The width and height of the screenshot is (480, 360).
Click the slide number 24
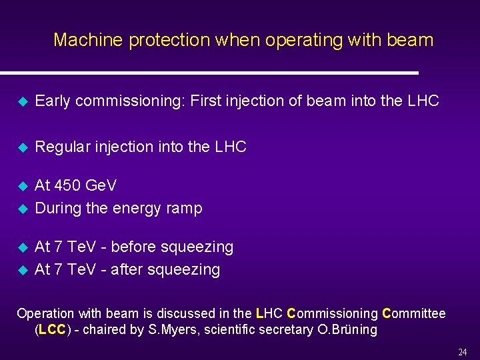(463, 353)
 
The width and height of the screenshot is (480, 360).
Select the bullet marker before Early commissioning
(21, 101)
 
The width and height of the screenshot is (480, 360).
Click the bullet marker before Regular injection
(21, 147)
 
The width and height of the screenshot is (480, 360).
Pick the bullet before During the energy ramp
(21, 209)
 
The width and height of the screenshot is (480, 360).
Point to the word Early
(54, 101)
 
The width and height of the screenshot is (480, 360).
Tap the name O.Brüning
(349, 329)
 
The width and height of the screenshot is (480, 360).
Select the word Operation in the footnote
(45, 313)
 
